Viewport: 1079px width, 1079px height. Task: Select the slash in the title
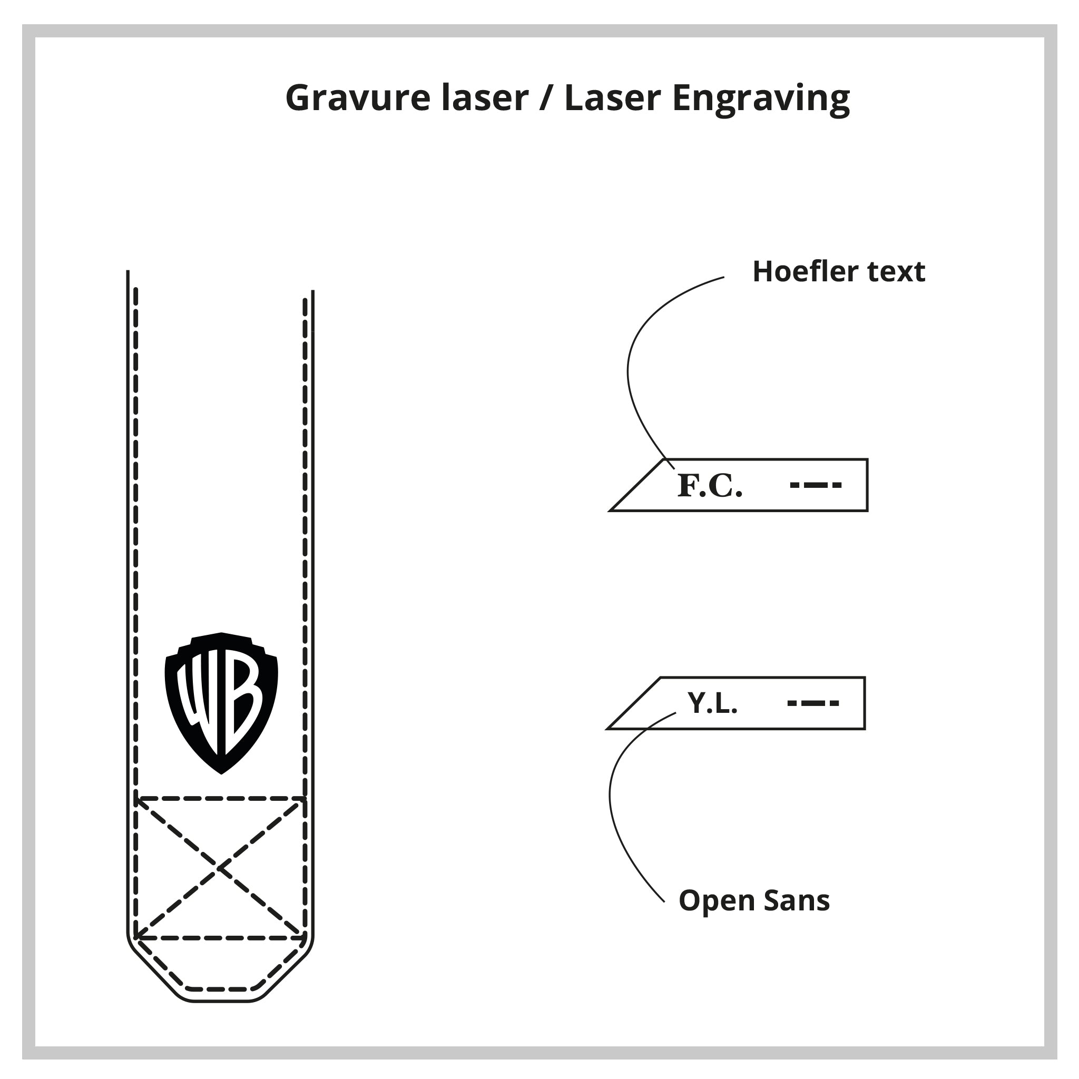tap(545, 99)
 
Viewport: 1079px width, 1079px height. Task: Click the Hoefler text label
tap(839, 271)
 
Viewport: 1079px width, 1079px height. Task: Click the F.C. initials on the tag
tap(710, 485)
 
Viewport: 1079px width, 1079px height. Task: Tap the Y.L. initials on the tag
tap(712, 703)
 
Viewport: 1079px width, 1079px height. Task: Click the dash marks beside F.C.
tap(816, 485)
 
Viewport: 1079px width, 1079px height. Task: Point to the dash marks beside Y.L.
tap(813, 703)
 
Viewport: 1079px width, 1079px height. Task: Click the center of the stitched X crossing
tap(221, 868)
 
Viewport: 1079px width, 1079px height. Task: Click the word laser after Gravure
tap(484, 99)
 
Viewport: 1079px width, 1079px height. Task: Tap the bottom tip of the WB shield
tap(221, 772)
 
